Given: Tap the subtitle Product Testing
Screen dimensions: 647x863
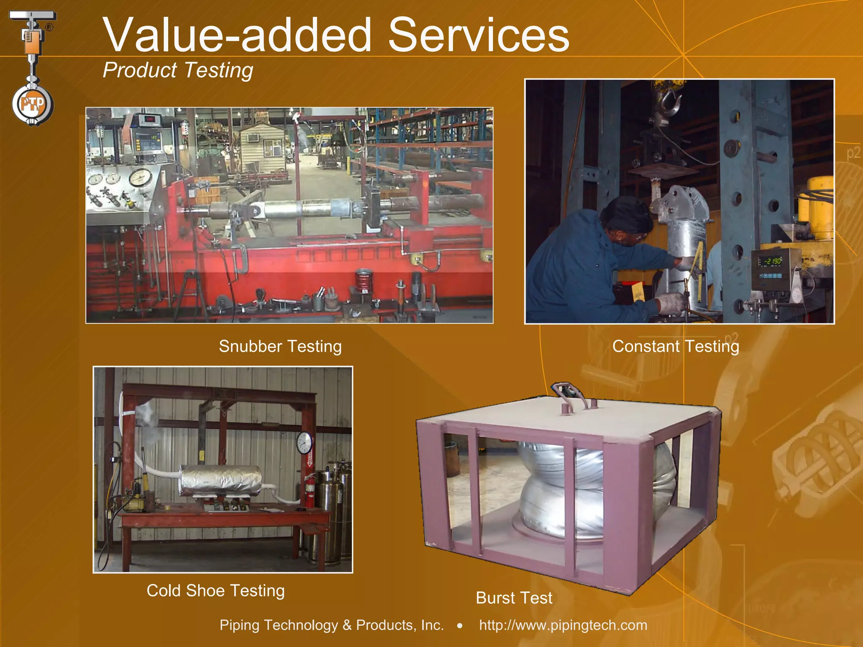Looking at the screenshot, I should point(177,70).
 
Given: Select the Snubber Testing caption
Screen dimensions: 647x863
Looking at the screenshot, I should point(280,346).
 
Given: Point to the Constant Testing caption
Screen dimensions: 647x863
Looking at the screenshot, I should point(675,346).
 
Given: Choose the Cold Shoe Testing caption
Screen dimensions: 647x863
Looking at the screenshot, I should point(215,591).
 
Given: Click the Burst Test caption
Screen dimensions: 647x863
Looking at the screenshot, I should point(514,598).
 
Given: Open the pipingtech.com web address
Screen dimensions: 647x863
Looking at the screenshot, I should point(563,625).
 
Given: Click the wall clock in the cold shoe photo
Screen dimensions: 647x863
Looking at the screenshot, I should point(304,442).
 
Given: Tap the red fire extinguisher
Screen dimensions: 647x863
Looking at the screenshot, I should point(310,491).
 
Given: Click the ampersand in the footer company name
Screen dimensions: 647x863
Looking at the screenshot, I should point(347,625).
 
